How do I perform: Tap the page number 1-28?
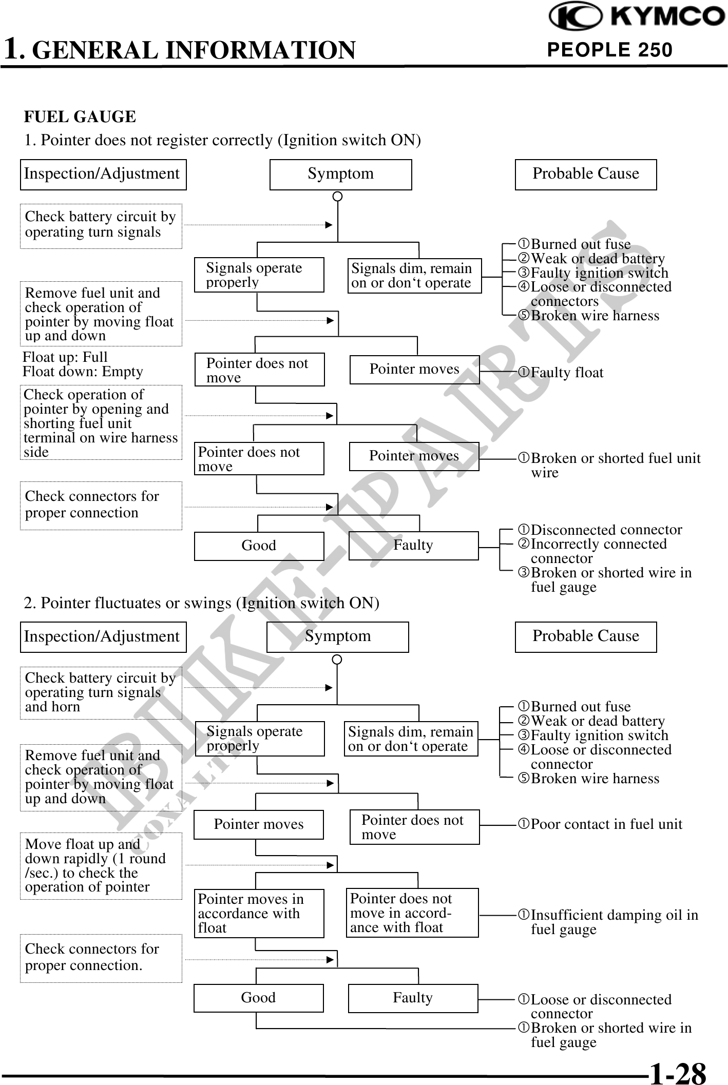tap(678, 1072)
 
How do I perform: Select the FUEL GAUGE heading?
tap(80, 117)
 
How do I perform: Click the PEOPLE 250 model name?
tap(610, 50)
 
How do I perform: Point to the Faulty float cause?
tap(561, 373)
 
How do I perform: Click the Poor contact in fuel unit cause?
tap(600, 824)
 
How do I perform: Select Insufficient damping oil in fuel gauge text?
tap(608, 922)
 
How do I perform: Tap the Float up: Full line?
tap(65, 357)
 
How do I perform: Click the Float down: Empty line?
tap(83, 372)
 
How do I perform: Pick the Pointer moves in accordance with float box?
tap(259, 914)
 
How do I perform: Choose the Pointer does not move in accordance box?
tap(412, 913)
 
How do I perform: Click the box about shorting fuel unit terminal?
tap(101, 423)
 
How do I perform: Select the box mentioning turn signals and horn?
tap(101, 693)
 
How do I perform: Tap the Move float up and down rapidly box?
tap(101, 866)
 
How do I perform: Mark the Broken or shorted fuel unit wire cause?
tap(609, 465)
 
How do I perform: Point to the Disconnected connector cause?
tap(601, 530)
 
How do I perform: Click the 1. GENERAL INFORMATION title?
tap(180, 50)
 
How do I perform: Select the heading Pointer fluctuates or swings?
tap(202, 603)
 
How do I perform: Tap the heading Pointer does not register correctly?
tap(223, 140)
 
